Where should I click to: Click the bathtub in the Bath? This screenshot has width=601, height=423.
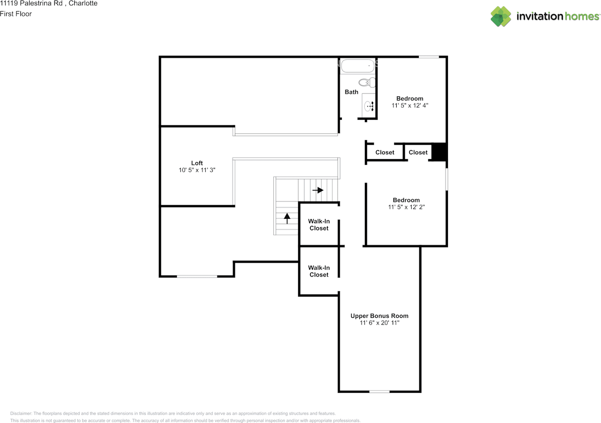(358, 66)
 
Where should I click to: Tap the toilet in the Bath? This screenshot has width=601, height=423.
(367, 82)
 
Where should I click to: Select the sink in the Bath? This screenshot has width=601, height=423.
(369, 106)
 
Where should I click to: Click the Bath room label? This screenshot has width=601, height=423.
(352, 92)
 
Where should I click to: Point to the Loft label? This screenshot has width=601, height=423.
(197, 163)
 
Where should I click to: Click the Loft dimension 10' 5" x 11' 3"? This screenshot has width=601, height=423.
(197, 170)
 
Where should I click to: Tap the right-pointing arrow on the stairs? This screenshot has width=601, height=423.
(318, 190)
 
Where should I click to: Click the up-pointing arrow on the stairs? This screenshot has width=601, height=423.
(287, 218)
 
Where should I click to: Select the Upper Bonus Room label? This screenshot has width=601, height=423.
(379, 315)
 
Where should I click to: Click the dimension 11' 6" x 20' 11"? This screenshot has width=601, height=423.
(379, 323)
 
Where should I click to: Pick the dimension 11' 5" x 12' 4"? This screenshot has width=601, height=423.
(410, 106)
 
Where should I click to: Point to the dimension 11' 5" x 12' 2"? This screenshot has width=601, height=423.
(406, 207)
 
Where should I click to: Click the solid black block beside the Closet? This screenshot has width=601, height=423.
(439, 152)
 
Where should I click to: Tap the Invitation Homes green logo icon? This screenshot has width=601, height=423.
(501, 16)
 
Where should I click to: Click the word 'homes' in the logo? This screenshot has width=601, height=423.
(582, 16)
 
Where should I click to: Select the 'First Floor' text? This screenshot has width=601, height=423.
(16, 14)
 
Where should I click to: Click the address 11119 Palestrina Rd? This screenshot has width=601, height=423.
(31, 3)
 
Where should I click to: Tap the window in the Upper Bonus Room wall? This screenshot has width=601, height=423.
(379, 392)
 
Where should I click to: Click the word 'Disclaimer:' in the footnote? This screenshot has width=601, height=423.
(21, 413)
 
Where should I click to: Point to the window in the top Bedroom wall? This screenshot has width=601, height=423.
(429, 57)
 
